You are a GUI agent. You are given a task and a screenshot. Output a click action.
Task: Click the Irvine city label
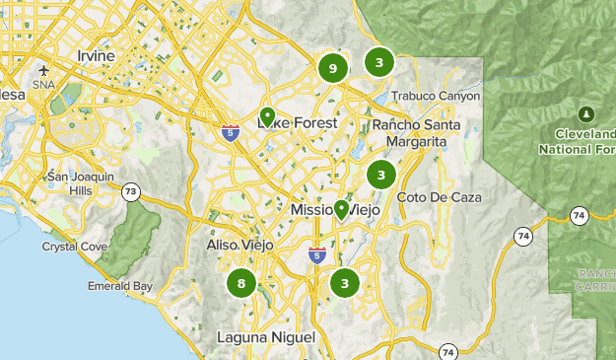(x=89, y=56)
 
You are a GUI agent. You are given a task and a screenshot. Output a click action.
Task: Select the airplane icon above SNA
(x=44, y=71)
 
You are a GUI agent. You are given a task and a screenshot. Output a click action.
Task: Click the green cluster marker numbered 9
(x=333, y=68)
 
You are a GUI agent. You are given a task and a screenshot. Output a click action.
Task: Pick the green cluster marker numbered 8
(x=240, y=284)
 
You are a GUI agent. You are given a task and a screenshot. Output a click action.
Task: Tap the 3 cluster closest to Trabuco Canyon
(x=379, y=62)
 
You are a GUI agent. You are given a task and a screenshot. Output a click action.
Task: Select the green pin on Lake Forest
(x=267, y=117)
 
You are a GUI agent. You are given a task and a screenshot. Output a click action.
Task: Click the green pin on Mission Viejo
(x=341, y=209)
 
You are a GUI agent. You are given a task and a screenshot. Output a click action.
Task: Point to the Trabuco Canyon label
(x=436, y=97)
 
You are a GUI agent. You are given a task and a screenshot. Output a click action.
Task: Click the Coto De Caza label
(x=440, y=197)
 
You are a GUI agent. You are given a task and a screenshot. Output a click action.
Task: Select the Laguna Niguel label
(x=266, y=337)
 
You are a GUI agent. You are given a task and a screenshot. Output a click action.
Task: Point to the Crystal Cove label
(x=69, y=247)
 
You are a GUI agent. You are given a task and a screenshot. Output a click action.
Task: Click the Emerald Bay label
(x=120, y=287)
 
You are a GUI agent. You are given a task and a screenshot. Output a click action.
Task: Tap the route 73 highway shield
(x=130, y=192)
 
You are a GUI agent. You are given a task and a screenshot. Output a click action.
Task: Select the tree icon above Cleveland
(x=587, y=112)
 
